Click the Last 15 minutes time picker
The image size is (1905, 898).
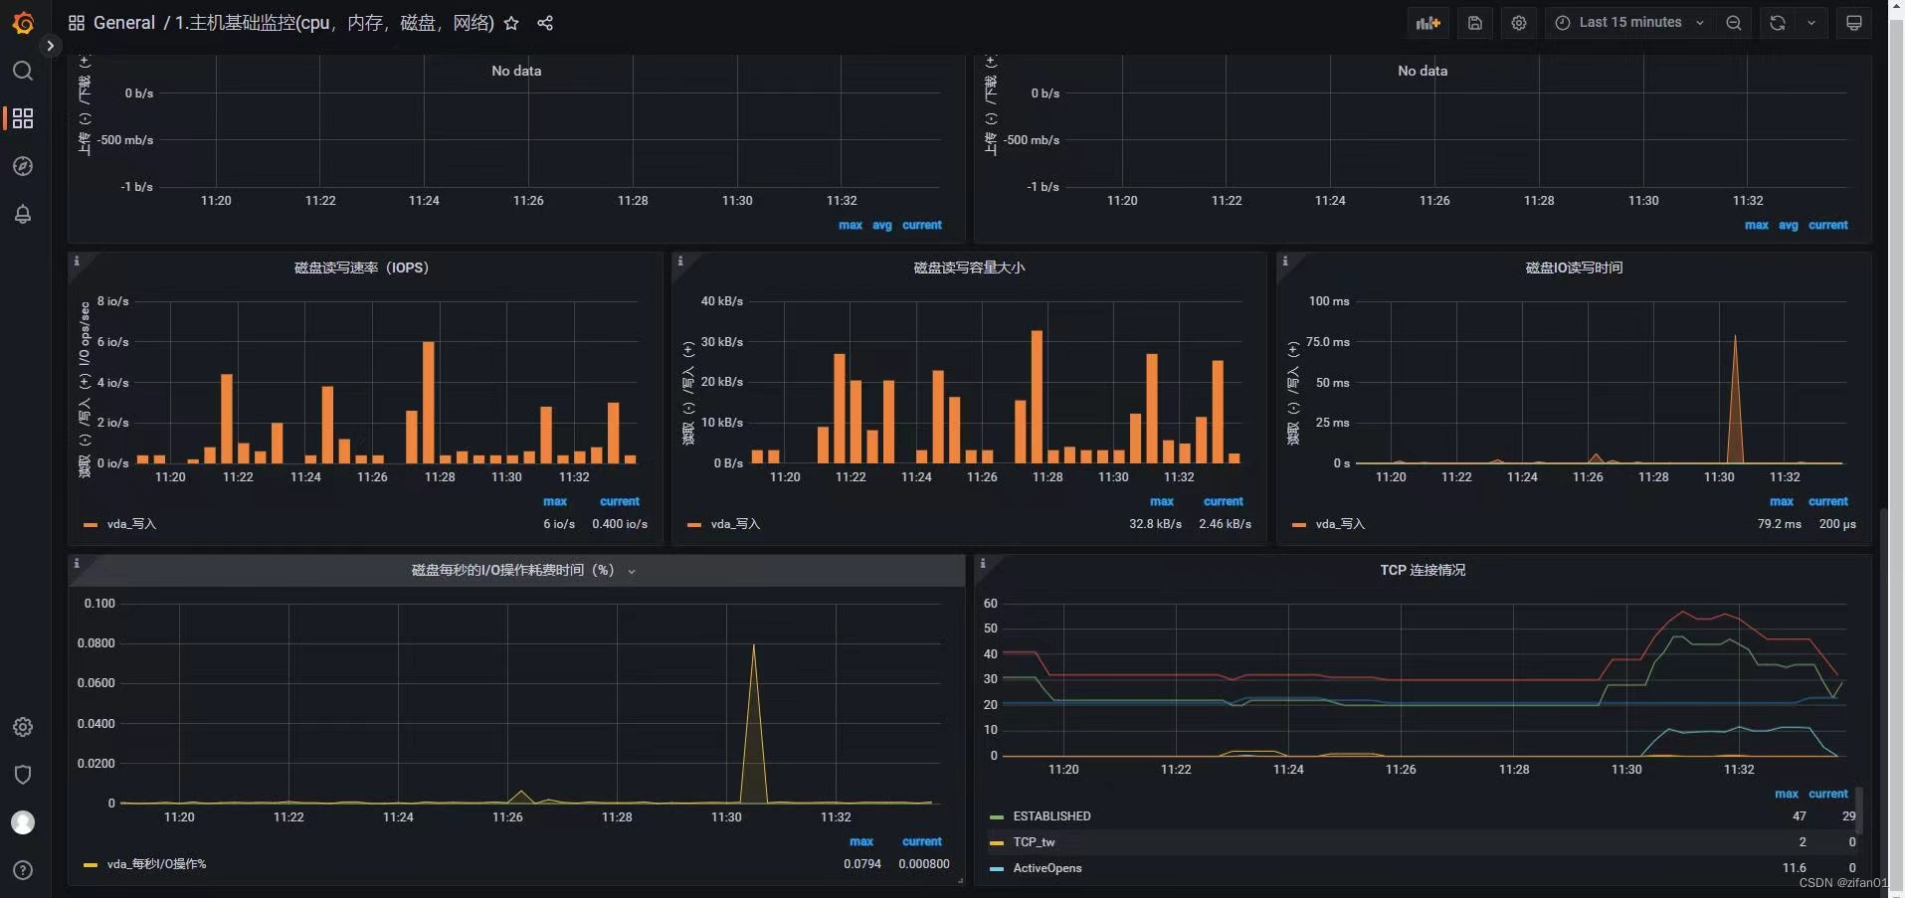1629,23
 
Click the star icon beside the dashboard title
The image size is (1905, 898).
511,23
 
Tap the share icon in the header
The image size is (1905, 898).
545,23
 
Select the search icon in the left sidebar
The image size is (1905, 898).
23,71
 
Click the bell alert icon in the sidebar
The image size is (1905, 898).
23,214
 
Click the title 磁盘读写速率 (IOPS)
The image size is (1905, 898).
361,268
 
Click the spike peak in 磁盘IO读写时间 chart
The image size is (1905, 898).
1735,338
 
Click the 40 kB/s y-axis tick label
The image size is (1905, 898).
721,301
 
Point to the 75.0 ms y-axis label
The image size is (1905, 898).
1327,342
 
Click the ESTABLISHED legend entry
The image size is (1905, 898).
1051,816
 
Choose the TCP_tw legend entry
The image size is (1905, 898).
1034,842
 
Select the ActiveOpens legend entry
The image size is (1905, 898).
1047,868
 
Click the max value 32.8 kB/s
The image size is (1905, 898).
1155,524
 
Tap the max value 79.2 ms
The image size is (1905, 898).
1779,524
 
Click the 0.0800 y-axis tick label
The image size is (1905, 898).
96,643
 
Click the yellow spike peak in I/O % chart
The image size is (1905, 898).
754,647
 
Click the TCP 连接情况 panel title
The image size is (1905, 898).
1423,570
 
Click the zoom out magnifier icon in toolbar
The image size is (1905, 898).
1734,23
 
